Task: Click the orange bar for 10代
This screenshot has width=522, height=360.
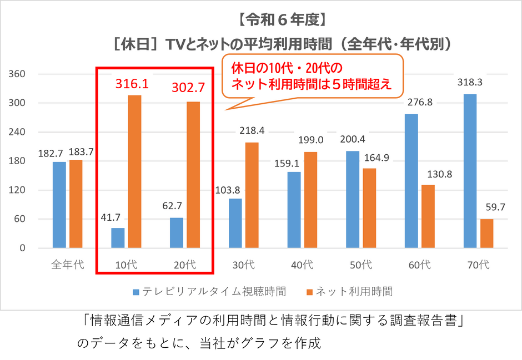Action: (x=135, y=171)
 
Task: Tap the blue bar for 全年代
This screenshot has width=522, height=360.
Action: (x=59, y=205)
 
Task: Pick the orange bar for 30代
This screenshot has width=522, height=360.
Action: (x=252, y=195)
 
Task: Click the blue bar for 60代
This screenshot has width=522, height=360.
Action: (x=411, y=181)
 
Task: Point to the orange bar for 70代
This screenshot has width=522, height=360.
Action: (x=487, y=234)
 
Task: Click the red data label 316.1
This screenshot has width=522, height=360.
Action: (x=132, y=84)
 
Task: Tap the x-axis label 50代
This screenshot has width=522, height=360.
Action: (x=360, y=265)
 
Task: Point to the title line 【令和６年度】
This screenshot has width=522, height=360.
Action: (x=281, y=21)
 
